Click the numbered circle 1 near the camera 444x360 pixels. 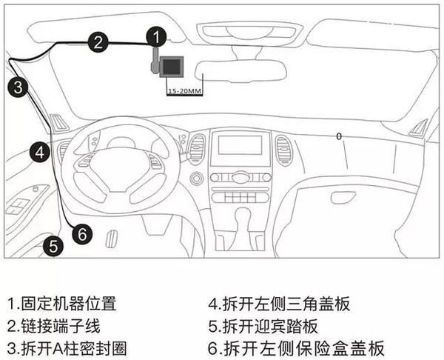click(154, 36)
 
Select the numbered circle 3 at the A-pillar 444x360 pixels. click(18, 87)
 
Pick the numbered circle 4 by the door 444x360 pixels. click(40, 153)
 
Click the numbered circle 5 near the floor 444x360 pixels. click(52, 246)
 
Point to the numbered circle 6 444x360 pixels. click(83, 233)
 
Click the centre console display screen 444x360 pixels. click(240, 147)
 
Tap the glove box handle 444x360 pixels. click(343, 198)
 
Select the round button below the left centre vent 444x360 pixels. click(197, 179)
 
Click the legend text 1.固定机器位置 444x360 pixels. click(62, 304)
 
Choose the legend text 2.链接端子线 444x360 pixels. click(53, 326)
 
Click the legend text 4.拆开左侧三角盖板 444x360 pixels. click(277, 304)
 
